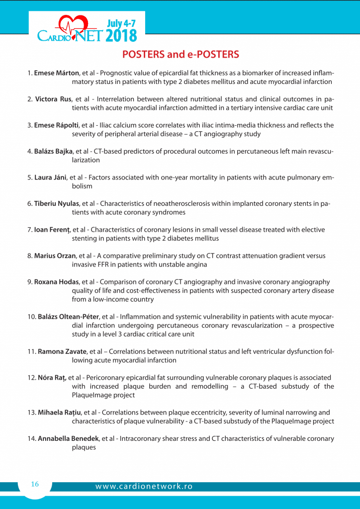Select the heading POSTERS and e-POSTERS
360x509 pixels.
coord(180,54)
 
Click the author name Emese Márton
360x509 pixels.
coord(53,73)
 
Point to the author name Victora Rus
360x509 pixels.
coord(53,99)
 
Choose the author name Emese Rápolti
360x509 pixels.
coord(56,125)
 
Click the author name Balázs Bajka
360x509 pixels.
coord(53,151)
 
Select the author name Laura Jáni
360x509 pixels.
coord(50,177)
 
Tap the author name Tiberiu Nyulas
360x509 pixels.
coord(57,203)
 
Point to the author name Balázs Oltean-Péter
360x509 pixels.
coord(68,317)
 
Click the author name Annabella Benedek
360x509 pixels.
coord(68,438)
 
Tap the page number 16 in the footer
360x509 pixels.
coord(35,484)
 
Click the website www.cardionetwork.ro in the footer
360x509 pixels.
coord(144,487)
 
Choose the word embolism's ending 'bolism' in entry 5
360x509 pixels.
coord(82,186)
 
